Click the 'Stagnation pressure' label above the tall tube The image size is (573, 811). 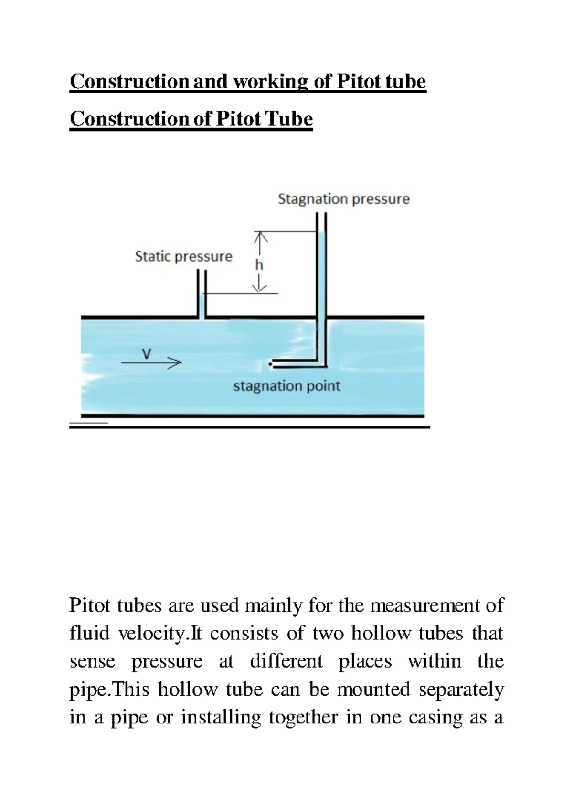pos(343,199)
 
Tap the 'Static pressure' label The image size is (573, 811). pos(183,256)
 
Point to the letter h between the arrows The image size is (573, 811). pos(259,264)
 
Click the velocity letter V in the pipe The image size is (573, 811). pos(147,354)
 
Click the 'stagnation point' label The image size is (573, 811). pos(286,386)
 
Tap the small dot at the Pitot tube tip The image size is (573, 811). pos(270,364)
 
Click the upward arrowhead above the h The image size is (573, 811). pos(259,236)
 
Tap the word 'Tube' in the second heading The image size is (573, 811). pos(289,119)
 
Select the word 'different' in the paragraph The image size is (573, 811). pos(286,661)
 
